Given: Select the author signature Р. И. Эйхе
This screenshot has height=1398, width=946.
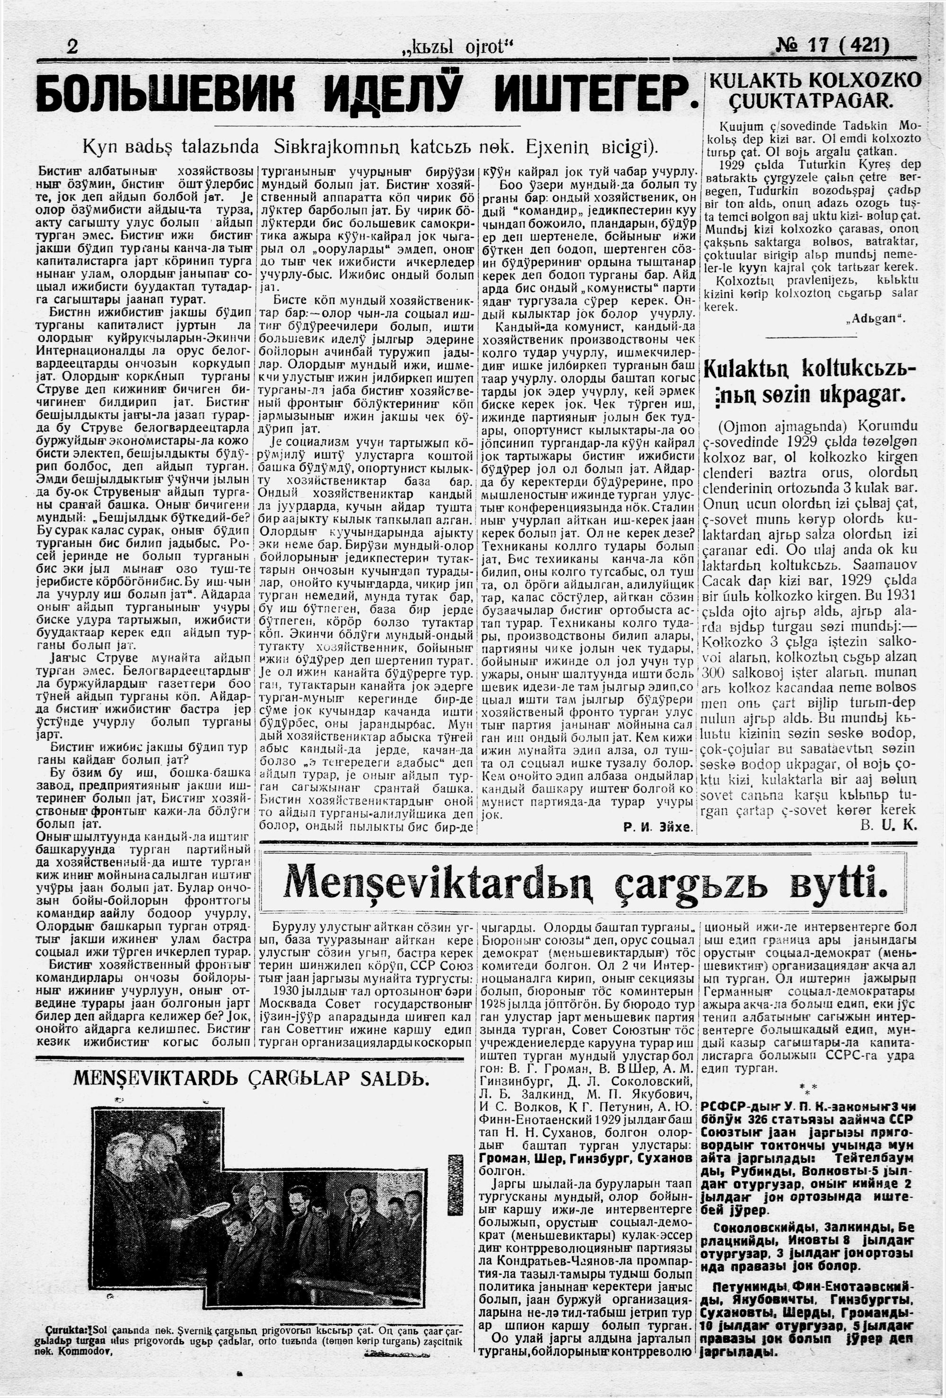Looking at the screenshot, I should tap(658, 828).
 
